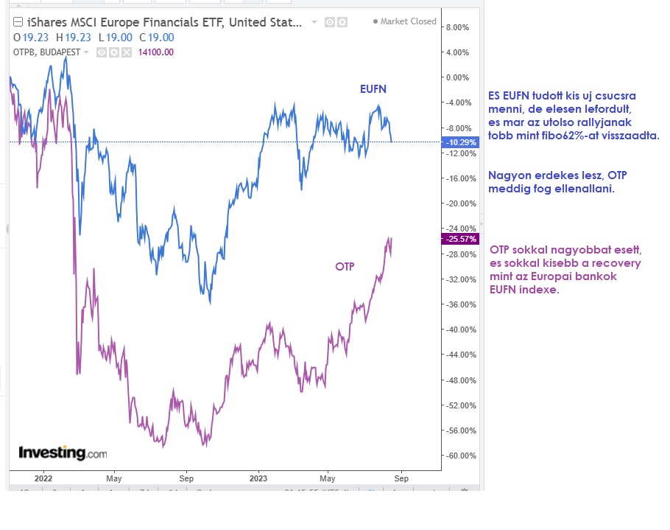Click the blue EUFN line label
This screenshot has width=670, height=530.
[x=373, y=89]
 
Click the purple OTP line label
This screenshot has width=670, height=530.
[x=345, y=267]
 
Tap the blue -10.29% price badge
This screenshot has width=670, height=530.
[x=459, y=142]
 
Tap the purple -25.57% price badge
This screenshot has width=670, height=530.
[x=459, y=240]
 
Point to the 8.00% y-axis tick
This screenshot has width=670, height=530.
[x=457, y=27]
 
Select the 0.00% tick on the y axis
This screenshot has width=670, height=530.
[x=457, y=77]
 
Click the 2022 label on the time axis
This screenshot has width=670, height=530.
[x=44, y=478]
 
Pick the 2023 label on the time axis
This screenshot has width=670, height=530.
[x=258, y=478]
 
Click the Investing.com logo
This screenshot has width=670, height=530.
[x=63, y=452]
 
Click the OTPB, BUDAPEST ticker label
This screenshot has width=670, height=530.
[x=46, y=52]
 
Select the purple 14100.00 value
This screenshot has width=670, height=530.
[x=156, y=52]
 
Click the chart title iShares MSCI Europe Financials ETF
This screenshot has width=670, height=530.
[x=163, y=22]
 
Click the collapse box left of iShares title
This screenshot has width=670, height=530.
[x=18, y=22]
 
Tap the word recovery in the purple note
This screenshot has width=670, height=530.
[x=617, y=263]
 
